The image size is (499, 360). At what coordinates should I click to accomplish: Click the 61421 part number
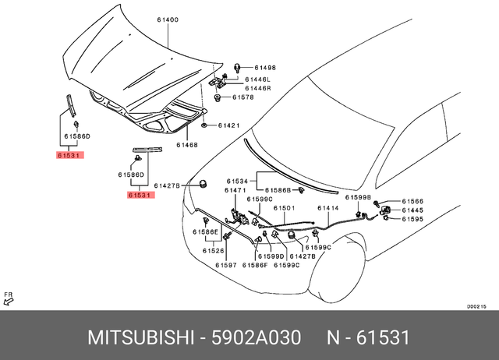[x=228, y=125]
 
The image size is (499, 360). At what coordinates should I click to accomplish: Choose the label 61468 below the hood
[x=186, y=144]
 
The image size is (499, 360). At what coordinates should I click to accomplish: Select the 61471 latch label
[x=235, y=189]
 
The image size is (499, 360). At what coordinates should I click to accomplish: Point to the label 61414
[x=328, y=208]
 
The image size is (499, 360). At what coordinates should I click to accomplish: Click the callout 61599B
[x=359, y=199]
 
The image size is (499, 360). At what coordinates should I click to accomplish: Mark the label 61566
[x=412, y=200]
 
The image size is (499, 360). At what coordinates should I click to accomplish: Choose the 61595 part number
[x=412, y=219]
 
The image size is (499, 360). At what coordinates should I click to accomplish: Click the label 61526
[x=214, y=251]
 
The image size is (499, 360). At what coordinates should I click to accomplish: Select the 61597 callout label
[x=226, y=266]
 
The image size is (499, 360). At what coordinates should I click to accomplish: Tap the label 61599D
[x=271, y=256]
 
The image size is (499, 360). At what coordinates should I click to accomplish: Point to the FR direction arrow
[x=9, y=298]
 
